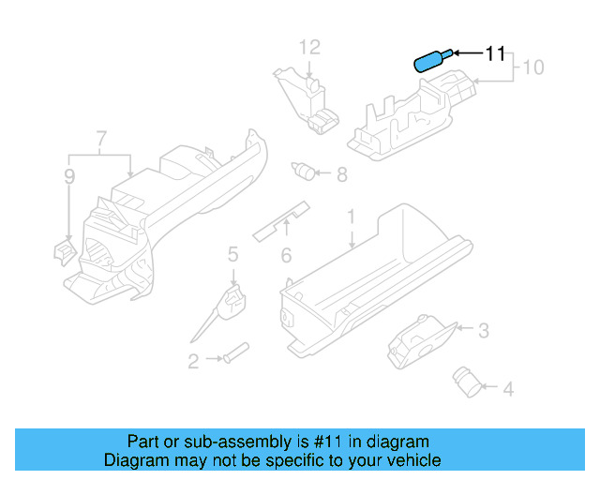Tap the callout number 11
pos(495,53)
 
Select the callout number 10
pos(532,67)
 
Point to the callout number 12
pos(309,46)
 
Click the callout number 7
pos(100,141)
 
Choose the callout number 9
pos(68,175)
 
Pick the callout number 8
pos(341,173)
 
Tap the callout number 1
pos(352,217)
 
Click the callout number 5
pos(232,252)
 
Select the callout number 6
pos(287,255)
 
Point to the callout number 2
pos(193,360)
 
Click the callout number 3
pos(483,330)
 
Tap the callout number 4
pos(508,388)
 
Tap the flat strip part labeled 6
pos(281,221)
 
